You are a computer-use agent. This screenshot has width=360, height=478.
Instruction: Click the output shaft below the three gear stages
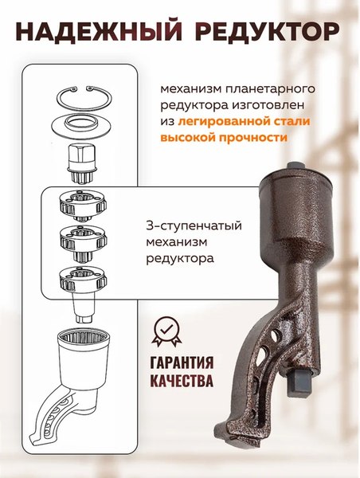pos(82,307)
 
